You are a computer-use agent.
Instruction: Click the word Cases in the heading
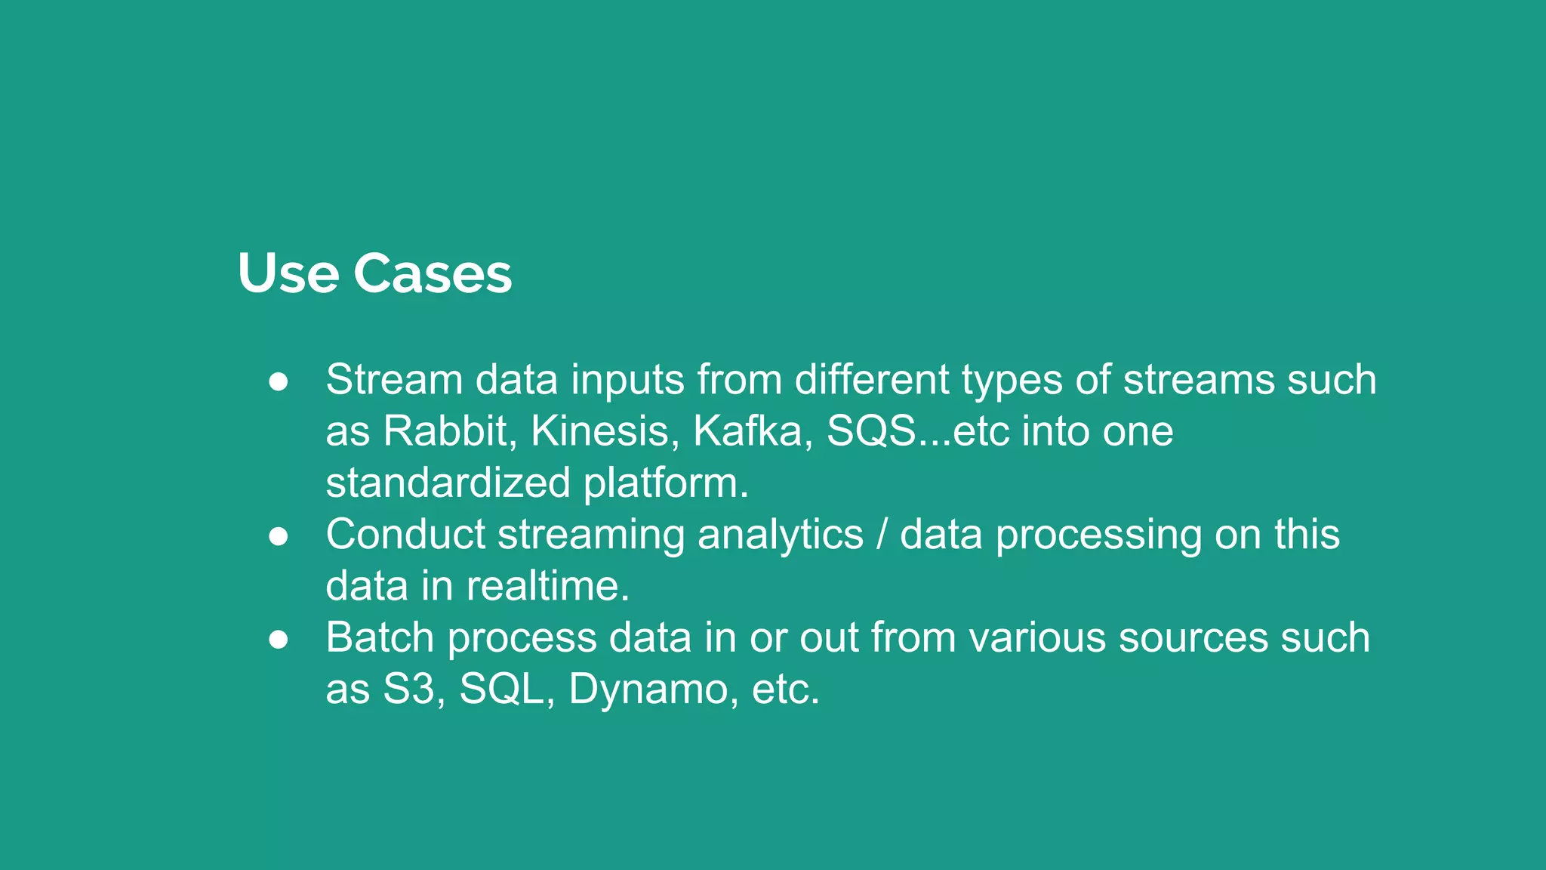(433, 273)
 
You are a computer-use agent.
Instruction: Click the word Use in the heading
(288, 273)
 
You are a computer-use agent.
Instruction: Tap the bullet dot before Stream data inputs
(279, 382)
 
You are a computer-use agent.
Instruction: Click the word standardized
(448, 483)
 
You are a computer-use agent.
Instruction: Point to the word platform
(666, 484)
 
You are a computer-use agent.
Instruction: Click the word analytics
(780, 535)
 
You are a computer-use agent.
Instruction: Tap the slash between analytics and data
(882, 535)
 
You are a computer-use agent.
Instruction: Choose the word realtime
(547, 586)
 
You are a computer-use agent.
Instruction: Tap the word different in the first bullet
(871, 379)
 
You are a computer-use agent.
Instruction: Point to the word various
(1037, 637)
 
